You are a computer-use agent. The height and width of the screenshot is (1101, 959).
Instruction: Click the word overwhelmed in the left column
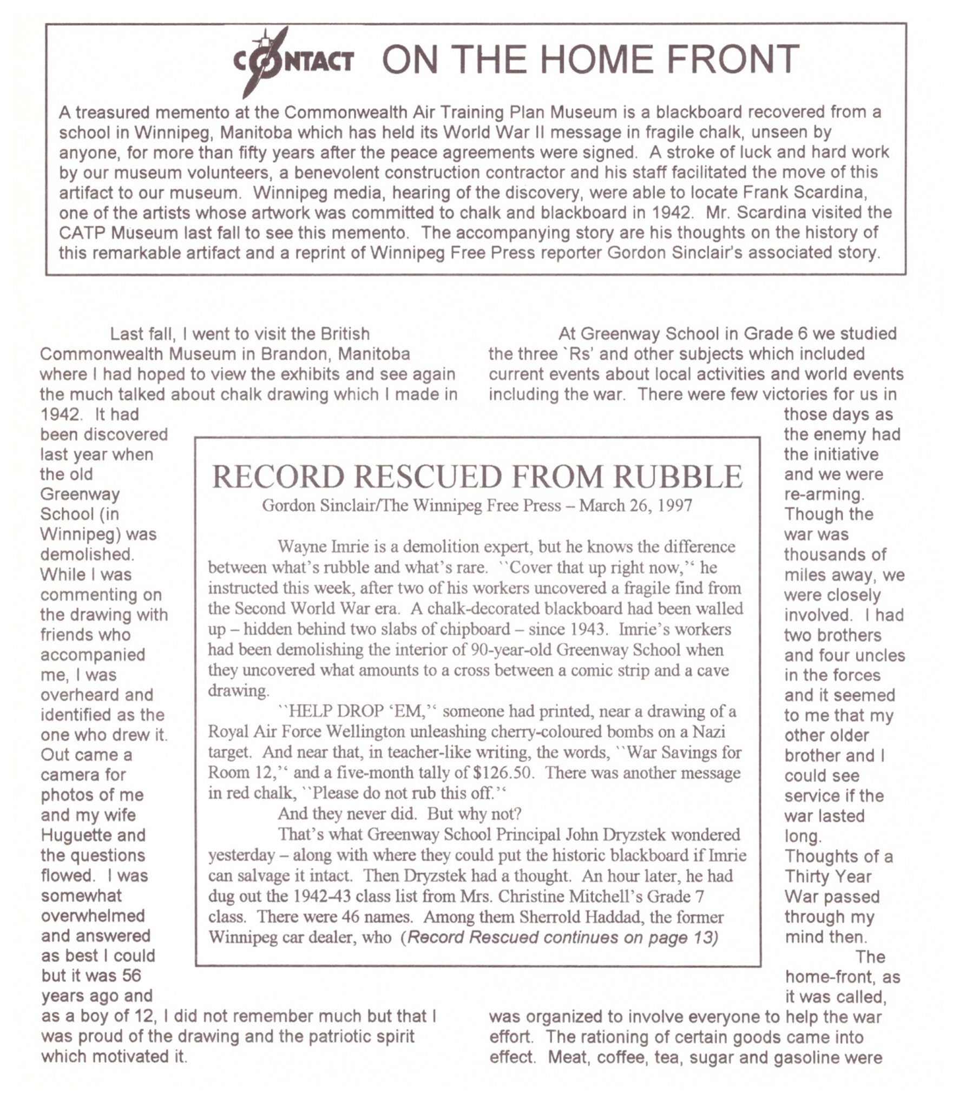93,916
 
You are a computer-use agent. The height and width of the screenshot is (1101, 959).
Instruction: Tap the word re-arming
824,495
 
